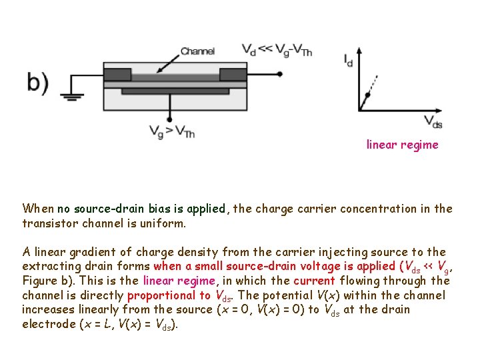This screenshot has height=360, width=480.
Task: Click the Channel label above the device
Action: pos(197,51)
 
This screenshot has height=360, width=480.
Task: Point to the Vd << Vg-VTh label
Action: pos(277,49)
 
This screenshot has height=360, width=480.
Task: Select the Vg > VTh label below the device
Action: pos(172,133)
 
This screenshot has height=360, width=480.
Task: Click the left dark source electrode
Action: pos(117,74)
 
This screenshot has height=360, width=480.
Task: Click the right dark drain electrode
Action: pos(233,74)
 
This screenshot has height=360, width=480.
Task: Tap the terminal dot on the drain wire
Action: pos(280,75)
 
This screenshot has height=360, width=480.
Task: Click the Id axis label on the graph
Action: pos(348,61)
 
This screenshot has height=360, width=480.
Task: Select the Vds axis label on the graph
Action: pos(433,121)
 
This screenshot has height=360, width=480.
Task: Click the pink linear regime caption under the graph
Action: pos(402,145)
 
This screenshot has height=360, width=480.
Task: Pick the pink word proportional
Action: pos(168,295)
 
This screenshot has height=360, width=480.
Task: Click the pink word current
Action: pos(314,281)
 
